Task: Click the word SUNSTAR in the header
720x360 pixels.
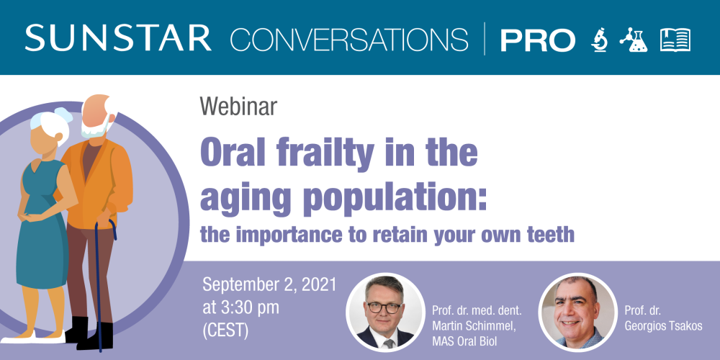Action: coord(118,38)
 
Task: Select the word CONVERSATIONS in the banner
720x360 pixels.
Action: coord(349,39)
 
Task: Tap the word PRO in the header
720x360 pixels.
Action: coord(537,40)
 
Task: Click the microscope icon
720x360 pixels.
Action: coord(599,40)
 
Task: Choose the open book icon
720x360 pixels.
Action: coord(675,40)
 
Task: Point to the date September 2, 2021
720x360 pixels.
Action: coord(269,284)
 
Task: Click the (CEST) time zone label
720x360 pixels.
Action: coord(225,331)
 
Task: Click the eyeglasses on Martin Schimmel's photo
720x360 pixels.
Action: coord(384,306)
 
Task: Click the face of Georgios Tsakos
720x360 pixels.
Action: coord(574,310)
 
